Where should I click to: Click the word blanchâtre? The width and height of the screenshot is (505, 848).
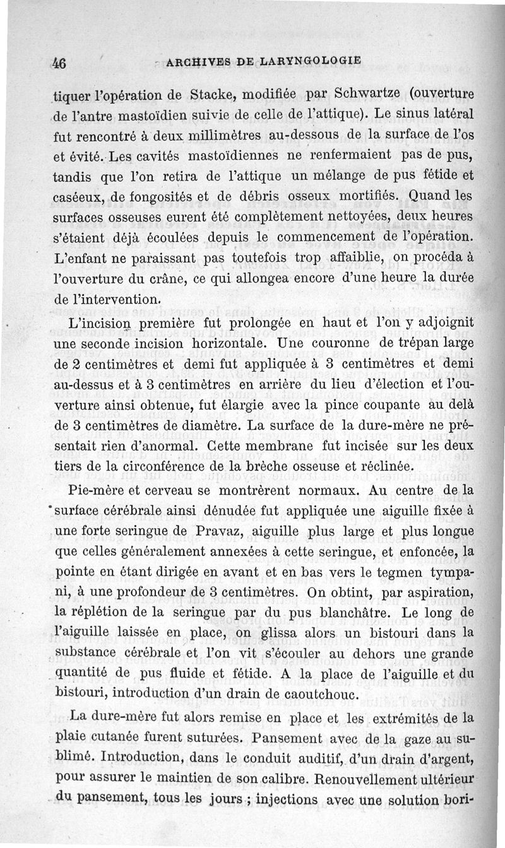click(x=346, y=613)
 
